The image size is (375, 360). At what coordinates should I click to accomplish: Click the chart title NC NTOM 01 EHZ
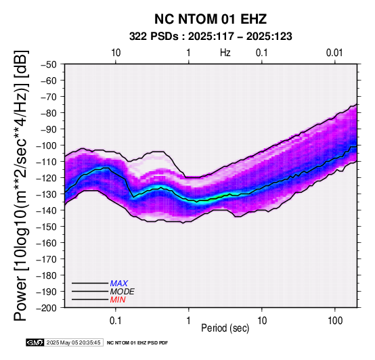tap(211, 19)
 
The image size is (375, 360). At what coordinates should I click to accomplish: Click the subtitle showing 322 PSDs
tap(211, 37)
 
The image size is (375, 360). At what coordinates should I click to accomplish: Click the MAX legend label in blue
tap(119, 284)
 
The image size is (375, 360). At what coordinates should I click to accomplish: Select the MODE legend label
tap(123, 292)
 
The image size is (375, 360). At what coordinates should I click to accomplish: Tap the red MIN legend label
tap(118, 300)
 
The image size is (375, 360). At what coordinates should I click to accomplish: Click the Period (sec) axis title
tap(225, 328)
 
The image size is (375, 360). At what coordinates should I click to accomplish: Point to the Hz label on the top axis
tap(225, 53)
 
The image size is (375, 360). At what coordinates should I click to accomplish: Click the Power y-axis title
tap(20, 186)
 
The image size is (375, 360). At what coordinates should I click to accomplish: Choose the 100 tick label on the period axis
tap(335, 321)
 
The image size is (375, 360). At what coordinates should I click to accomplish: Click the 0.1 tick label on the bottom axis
tap(116, 321)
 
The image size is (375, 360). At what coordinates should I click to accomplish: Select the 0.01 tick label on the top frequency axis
tap(334, 53)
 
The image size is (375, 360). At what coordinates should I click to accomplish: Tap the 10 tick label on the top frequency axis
tap(116, 53)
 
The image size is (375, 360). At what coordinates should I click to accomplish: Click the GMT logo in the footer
tap(35, 342)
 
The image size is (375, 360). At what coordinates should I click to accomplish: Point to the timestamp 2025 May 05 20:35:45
tap(73, 342)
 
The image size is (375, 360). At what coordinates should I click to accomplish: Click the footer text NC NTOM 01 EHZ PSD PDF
tap(137, 343)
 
